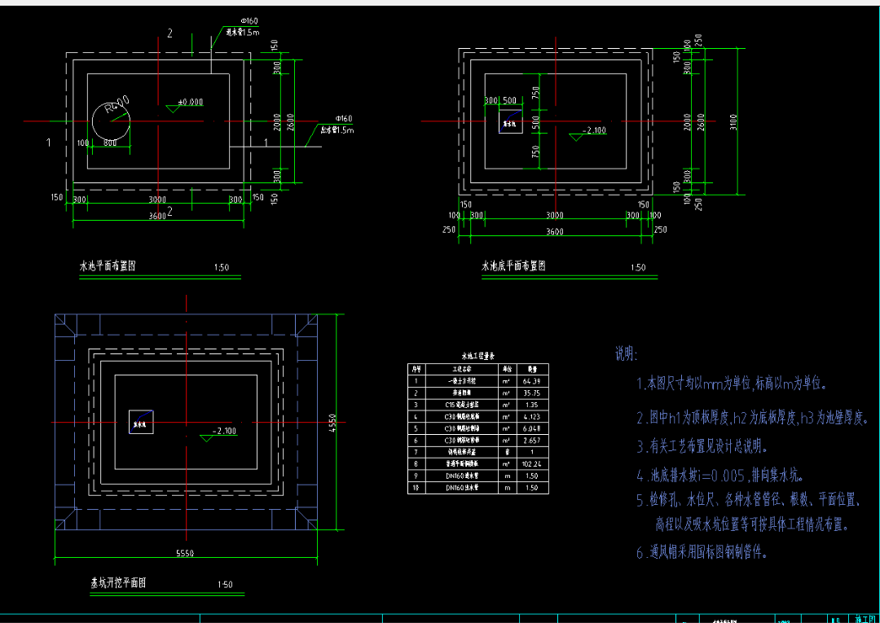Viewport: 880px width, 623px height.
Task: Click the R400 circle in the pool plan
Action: click(x=111, y=122)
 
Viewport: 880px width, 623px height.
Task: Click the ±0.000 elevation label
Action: click(x=190, y=102)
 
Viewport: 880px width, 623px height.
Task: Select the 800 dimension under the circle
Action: click(x=110, y=143)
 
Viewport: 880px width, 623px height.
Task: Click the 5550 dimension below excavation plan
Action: click(x=186, y=554)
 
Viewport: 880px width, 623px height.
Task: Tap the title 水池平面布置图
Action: click(x=107, y=265)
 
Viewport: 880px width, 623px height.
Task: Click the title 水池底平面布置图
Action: click(x=513, y=265)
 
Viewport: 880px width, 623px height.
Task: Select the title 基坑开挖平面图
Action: click(x=118, y=583)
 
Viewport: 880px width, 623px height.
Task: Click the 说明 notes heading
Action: click(x=626, y=354)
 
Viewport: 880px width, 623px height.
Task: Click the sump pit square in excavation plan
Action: click(x=141, y=422)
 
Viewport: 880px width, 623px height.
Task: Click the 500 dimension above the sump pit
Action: click(x=509, y=100)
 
